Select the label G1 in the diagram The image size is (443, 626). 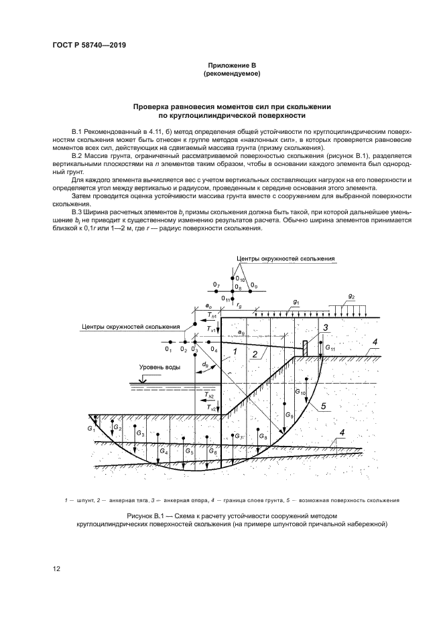pos(90,427)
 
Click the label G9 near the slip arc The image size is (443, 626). pos(288,416)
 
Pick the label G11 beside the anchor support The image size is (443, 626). pos(330,347)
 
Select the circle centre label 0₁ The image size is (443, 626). pos(168,349)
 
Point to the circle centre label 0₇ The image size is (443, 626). pos(216,286)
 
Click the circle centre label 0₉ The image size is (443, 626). pos(252,286)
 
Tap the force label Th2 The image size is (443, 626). pos(212,396)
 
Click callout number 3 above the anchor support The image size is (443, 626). pos(324,327)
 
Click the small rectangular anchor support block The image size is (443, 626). pos(305,348)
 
